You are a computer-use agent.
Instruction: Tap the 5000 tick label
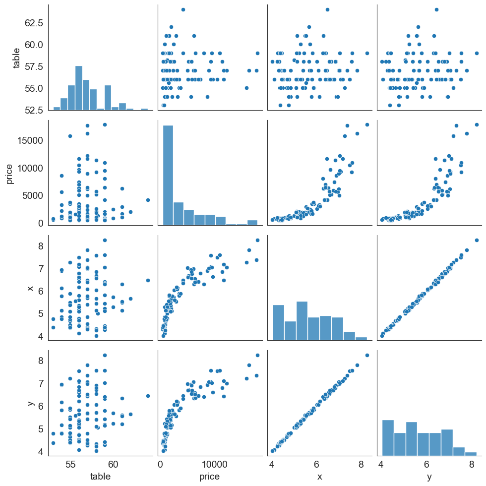[33, 195]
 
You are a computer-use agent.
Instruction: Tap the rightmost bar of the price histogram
[252, 223]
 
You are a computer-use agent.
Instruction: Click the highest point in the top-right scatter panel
[436, 9]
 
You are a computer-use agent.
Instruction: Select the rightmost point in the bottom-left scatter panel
[147, 396]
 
